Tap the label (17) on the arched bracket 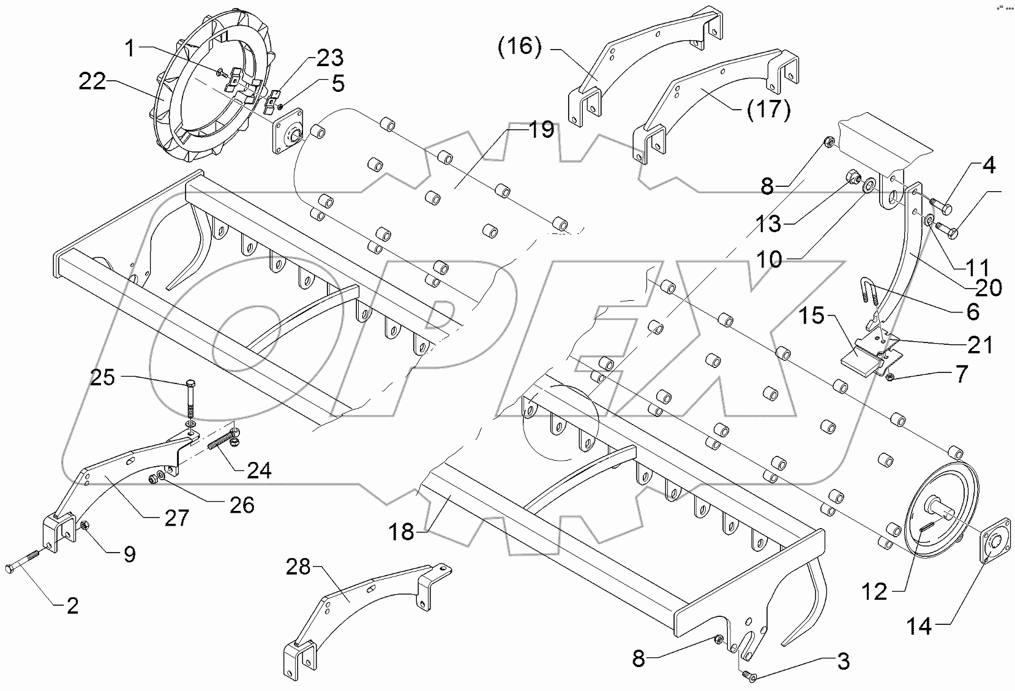pyautogui.click(x=769, y=110)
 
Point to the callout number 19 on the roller pyautogui.click(x=540, y=130)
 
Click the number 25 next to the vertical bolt pyautogui.click(x=103, y=377)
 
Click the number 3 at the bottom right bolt pyautogui.click(x=843, y=662)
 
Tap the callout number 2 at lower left pyautogui.click(x=73, y=606)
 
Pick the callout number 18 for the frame pyautogui.click(x=403, y=532)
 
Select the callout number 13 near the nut pyautogui.click(x=768, y=224)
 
